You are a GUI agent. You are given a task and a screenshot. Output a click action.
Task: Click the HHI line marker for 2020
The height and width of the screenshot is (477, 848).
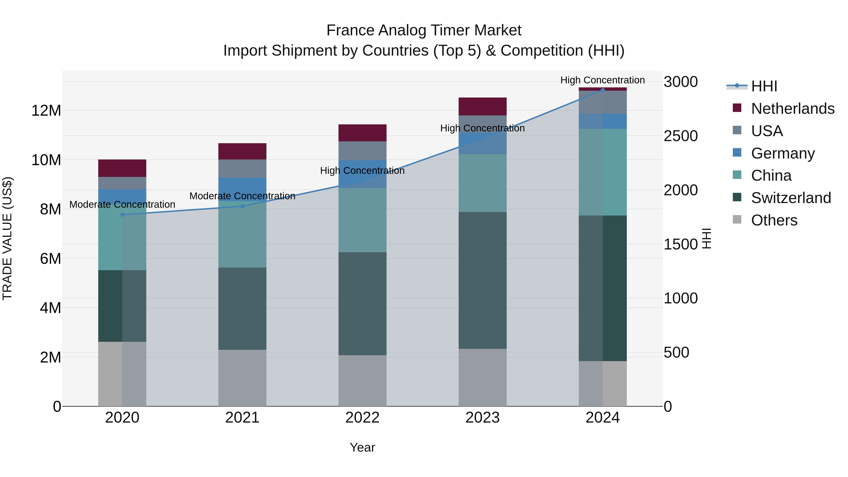(122, 215)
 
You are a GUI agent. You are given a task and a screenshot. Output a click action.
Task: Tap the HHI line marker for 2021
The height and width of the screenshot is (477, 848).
(242, 206)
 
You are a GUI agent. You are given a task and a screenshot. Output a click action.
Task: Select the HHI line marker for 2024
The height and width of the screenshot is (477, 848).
(603, 90)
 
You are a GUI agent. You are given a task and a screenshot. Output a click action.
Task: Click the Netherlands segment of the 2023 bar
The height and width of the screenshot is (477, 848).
(483, 106)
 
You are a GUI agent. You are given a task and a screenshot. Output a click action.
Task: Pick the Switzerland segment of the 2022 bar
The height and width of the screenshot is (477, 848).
(363, 304)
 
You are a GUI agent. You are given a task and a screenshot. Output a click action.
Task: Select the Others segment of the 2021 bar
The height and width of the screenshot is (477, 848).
(242, 378)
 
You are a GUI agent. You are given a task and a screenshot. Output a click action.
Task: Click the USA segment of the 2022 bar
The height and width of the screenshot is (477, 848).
(363, 151)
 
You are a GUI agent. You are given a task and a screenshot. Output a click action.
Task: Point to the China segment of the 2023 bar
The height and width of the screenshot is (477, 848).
(483, 183)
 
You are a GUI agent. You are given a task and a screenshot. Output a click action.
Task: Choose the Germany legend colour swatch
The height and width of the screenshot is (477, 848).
(737, 153)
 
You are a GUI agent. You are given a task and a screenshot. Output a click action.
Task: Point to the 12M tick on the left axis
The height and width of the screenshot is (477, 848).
(46, 111)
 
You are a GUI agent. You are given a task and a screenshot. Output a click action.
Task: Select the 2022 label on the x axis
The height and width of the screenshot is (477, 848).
(363, 418)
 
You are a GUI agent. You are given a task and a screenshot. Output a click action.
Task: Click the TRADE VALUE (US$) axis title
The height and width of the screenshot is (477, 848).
(7, 238)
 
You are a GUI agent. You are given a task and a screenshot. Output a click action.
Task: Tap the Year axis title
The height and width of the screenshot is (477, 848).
(363, 447)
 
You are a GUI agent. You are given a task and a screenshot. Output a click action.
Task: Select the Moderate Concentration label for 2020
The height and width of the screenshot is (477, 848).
(122, 204)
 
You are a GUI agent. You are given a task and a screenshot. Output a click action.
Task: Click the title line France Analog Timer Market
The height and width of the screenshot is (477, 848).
(424, 30)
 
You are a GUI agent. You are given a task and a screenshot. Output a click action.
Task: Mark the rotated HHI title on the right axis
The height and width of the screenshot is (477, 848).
(706, 238)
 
